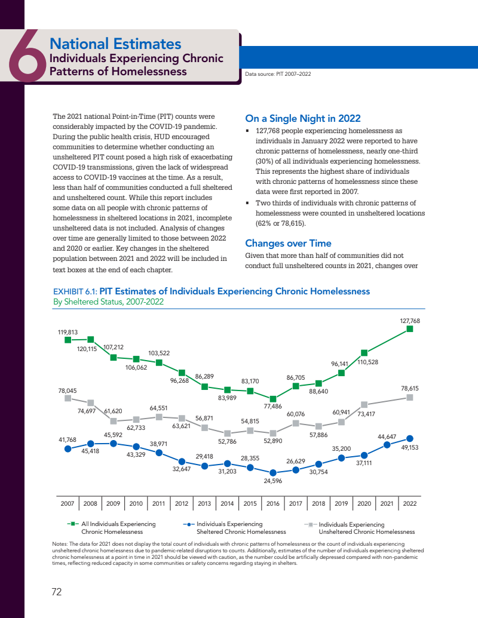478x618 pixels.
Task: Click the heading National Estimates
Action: (x=115, y=44)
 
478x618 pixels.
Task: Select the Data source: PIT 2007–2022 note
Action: (x=278, y=74)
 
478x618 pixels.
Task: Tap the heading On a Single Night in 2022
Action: (x=303, y=118)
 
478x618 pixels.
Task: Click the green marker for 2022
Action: (x=410, y=328)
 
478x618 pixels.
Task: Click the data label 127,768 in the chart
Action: (x=410, y=321)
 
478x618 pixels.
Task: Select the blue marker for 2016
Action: (x=273, y=472)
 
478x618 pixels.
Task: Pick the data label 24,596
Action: (x=273, y=480)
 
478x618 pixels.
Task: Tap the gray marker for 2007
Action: (x=68, y=398)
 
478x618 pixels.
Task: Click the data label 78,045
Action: (x=68, y=391)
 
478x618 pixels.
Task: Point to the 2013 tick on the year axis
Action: (x=204, y=503)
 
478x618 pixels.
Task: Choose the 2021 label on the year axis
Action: (x=387, y=503)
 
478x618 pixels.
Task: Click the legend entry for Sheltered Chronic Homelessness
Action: (x=233, y=528)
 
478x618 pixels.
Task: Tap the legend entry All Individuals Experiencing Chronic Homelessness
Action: (x=112, y=528)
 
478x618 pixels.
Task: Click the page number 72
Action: (x=57, y=592)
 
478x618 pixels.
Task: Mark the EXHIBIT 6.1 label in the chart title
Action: (x=75, y=292)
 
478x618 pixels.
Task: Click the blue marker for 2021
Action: (x=387, y=444)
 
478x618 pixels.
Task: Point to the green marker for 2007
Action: (x=68, y=340)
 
